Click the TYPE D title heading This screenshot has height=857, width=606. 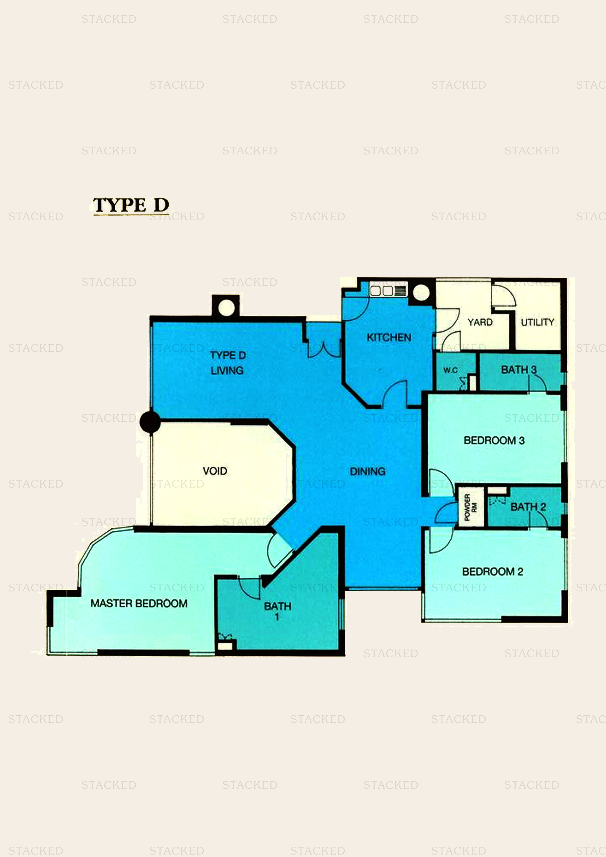[x=131, y=205]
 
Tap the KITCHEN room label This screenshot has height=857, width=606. [x=389, y=337]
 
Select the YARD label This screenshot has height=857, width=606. [x=480, y=322]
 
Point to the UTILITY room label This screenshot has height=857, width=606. [x=537, y=322]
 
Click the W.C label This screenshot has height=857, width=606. [x=450, y=370]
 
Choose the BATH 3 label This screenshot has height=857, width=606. [x=519, y=370]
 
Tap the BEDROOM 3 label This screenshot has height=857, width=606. [x=494, y=440]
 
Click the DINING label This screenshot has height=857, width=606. [x=368, y=471]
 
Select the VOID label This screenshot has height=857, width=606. [x=215, y=471]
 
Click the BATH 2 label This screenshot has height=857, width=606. [x=528, y=507]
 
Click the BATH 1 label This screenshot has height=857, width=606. [x=277, y=611]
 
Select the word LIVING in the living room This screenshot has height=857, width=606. [x=227, y=371]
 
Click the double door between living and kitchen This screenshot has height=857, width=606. [x=324, y=349]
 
